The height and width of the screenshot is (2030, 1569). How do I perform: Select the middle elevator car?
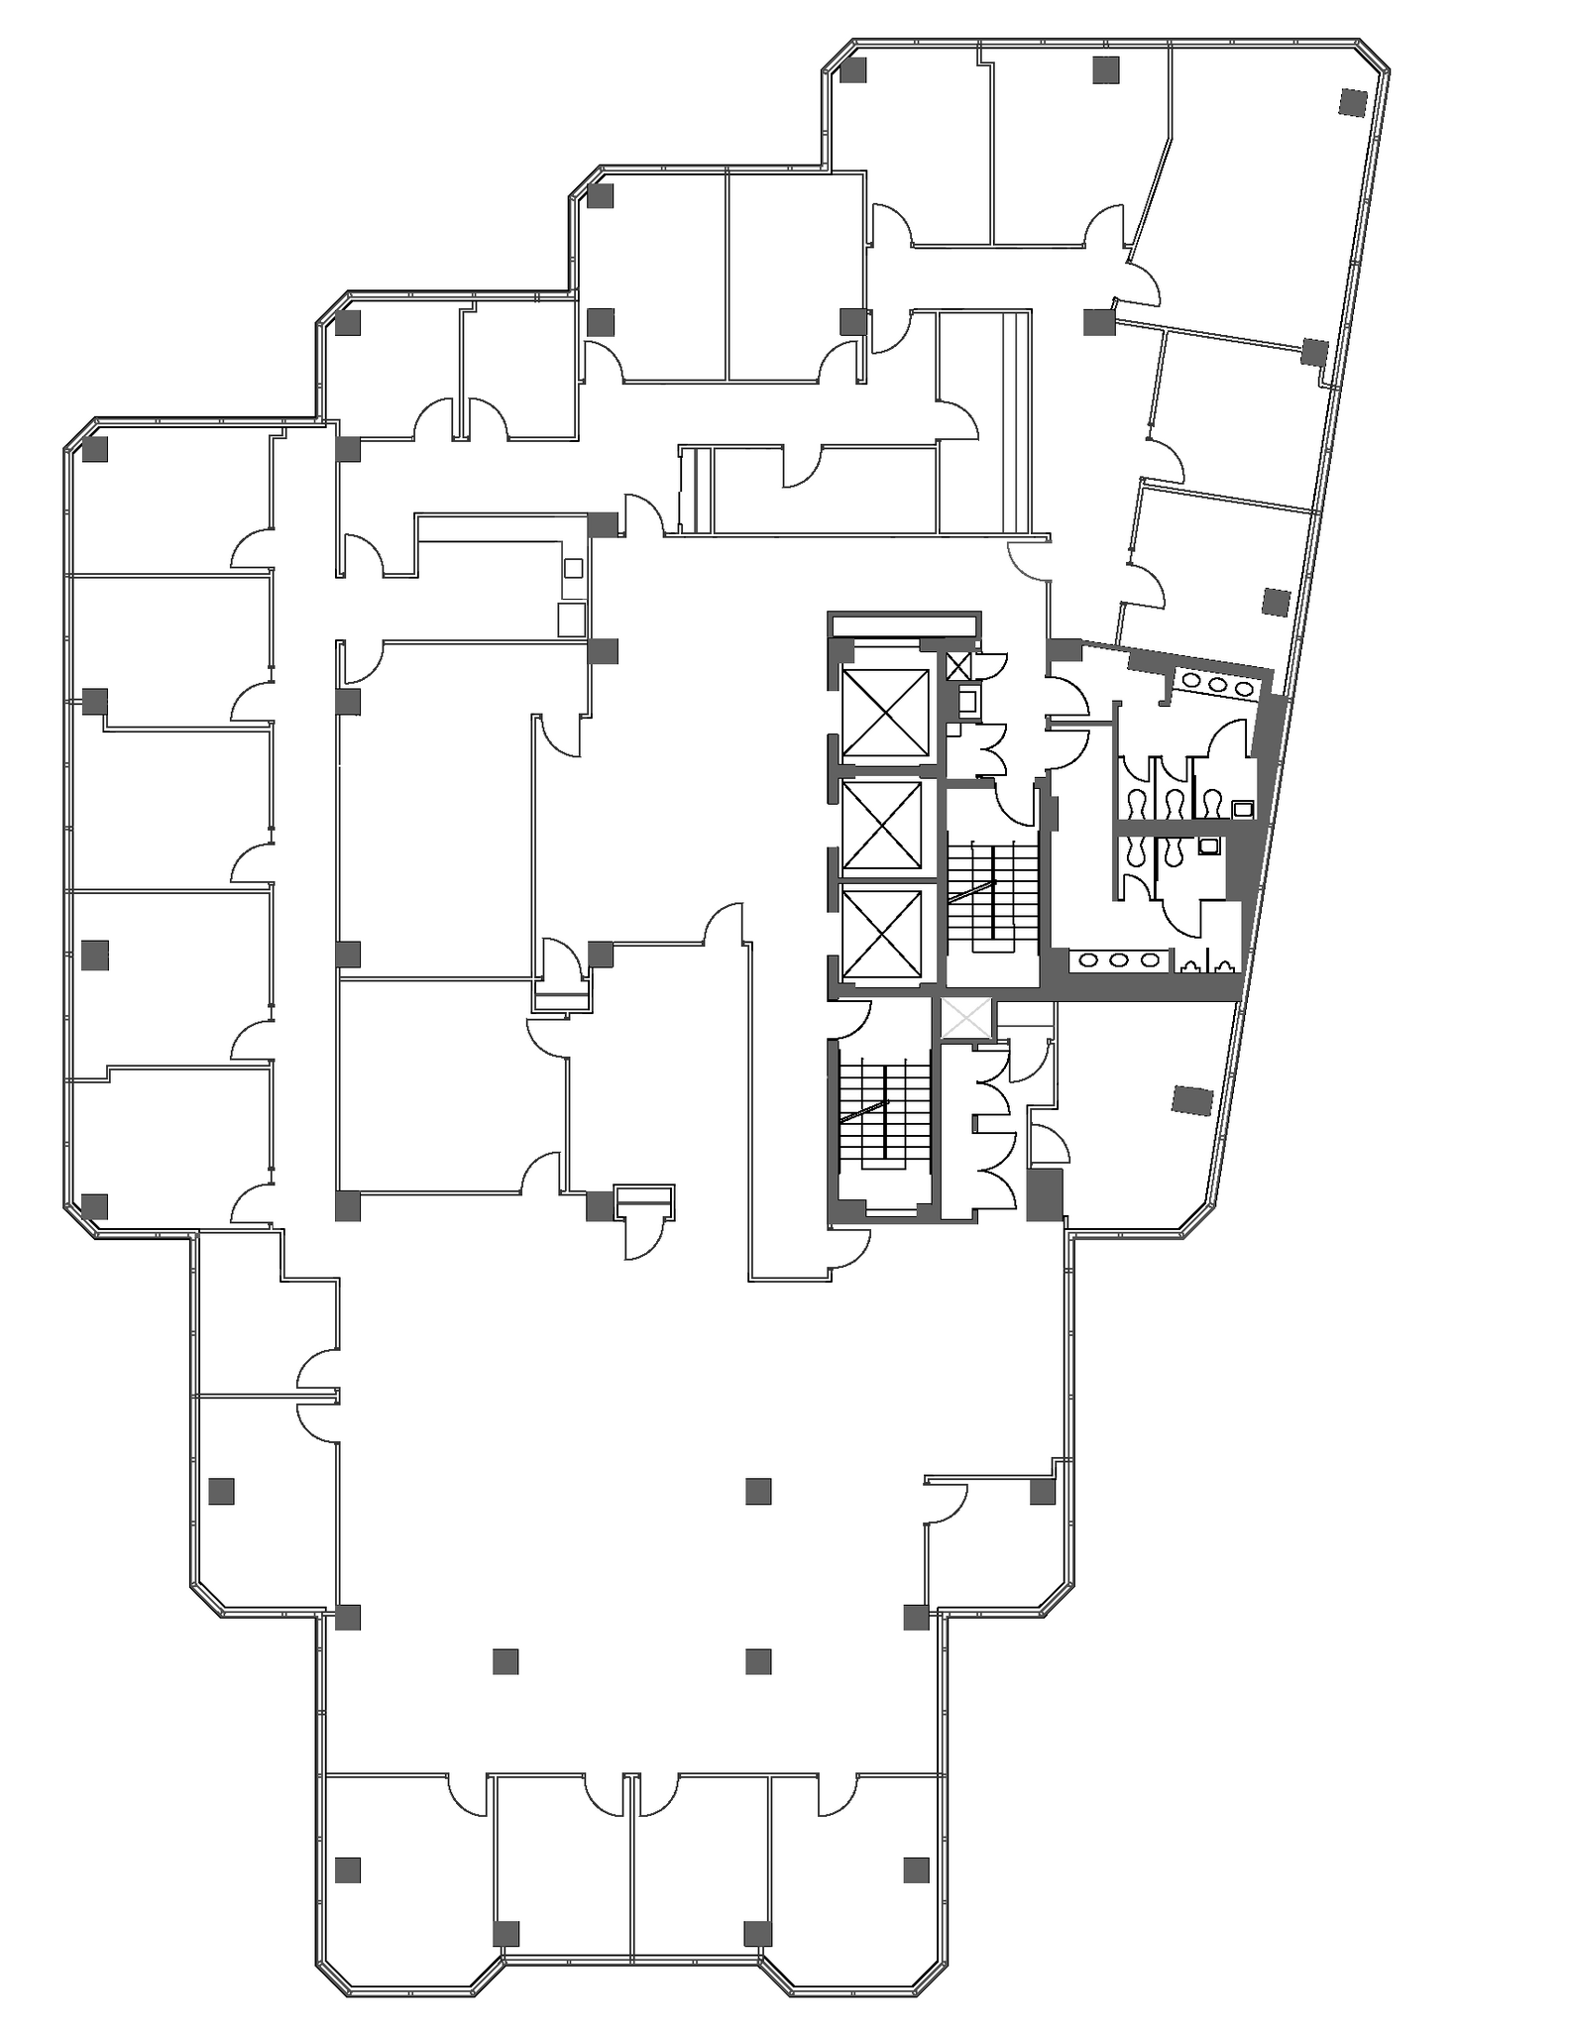click(x=881, y=825)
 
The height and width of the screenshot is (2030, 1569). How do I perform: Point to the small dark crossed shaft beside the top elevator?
click(x=958, y=666)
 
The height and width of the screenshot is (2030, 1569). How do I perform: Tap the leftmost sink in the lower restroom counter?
click(x=1089, y=959)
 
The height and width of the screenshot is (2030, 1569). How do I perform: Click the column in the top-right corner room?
click(x=1352, y=101)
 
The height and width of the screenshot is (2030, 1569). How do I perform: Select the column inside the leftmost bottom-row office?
click(x=347, y=1869)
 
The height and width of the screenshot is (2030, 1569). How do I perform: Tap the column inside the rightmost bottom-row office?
click(x=916, y=1869)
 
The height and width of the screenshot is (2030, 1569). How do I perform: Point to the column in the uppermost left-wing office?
click(x=95, y=449)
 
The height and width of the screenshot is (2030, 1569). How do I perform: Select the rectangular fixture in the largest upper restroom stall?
click(x=1243, y=809)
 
